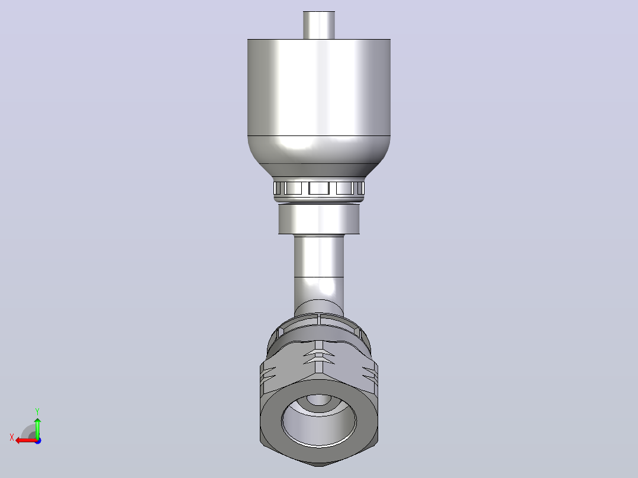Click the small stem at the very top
click(319, 25)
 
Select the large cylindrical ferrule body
click(319, 88)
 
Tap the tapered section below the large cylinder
click(319, 156)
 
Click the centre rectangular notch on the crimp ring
click(319, 188)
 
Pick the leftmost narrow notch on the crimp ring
click(277, 188)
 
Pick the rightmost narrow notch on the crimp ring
click(360, 188)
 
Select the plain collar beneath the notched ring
click(319, 219)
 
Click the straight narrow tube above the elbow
click(319, 256)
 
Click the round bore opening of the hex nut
click(319, 420)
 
